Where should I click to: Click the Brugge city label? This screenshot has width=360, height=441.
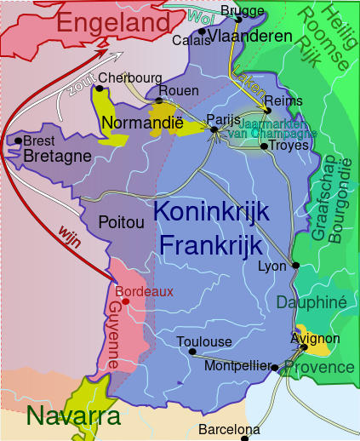242,10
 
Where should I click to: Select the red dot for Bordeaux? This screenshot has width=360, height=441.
125,301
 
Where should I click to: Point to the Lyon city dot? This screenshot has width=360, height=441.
295,266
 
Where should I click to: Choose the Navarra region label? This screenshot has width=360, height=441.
60,416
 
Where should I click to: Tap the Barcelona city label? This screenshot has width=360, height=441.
229,429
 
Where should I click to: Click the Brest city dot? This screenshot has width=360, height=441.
18,140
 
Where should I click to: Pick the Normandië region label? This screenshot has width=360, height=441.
142,123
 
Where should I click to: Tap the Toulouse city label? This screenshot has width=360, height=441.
203,341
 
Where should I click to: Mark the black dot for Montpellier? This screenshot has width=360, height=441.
275,368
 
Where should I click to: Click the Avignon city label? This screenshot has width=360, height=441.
315,339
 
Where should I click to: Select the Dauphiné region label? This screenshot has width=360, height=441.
311,302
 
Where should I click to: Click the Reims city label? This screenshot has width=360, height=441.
283,100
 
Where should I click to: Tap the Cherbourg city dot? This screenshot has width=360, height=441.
101,85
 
